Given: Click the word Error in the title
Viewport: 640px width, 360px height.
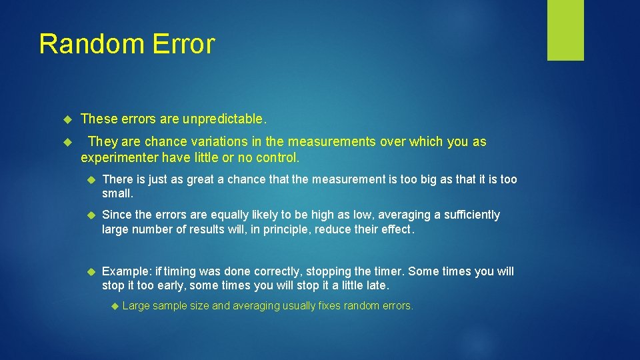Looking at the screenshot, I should point(183,44).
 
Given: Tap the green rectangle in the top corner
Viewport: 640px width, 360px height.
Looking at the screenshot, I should point(565,30).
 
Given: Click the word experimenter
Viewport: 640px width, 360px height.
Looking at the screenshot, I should point(120,159).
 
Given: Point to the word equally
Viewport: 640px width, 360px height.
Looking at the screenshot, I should point(230,215).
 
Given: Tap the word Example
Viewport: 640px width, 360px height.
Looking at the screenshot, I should point(126,271).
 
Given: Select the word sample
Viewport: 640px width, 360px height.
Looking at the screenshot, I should point(170,306).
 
